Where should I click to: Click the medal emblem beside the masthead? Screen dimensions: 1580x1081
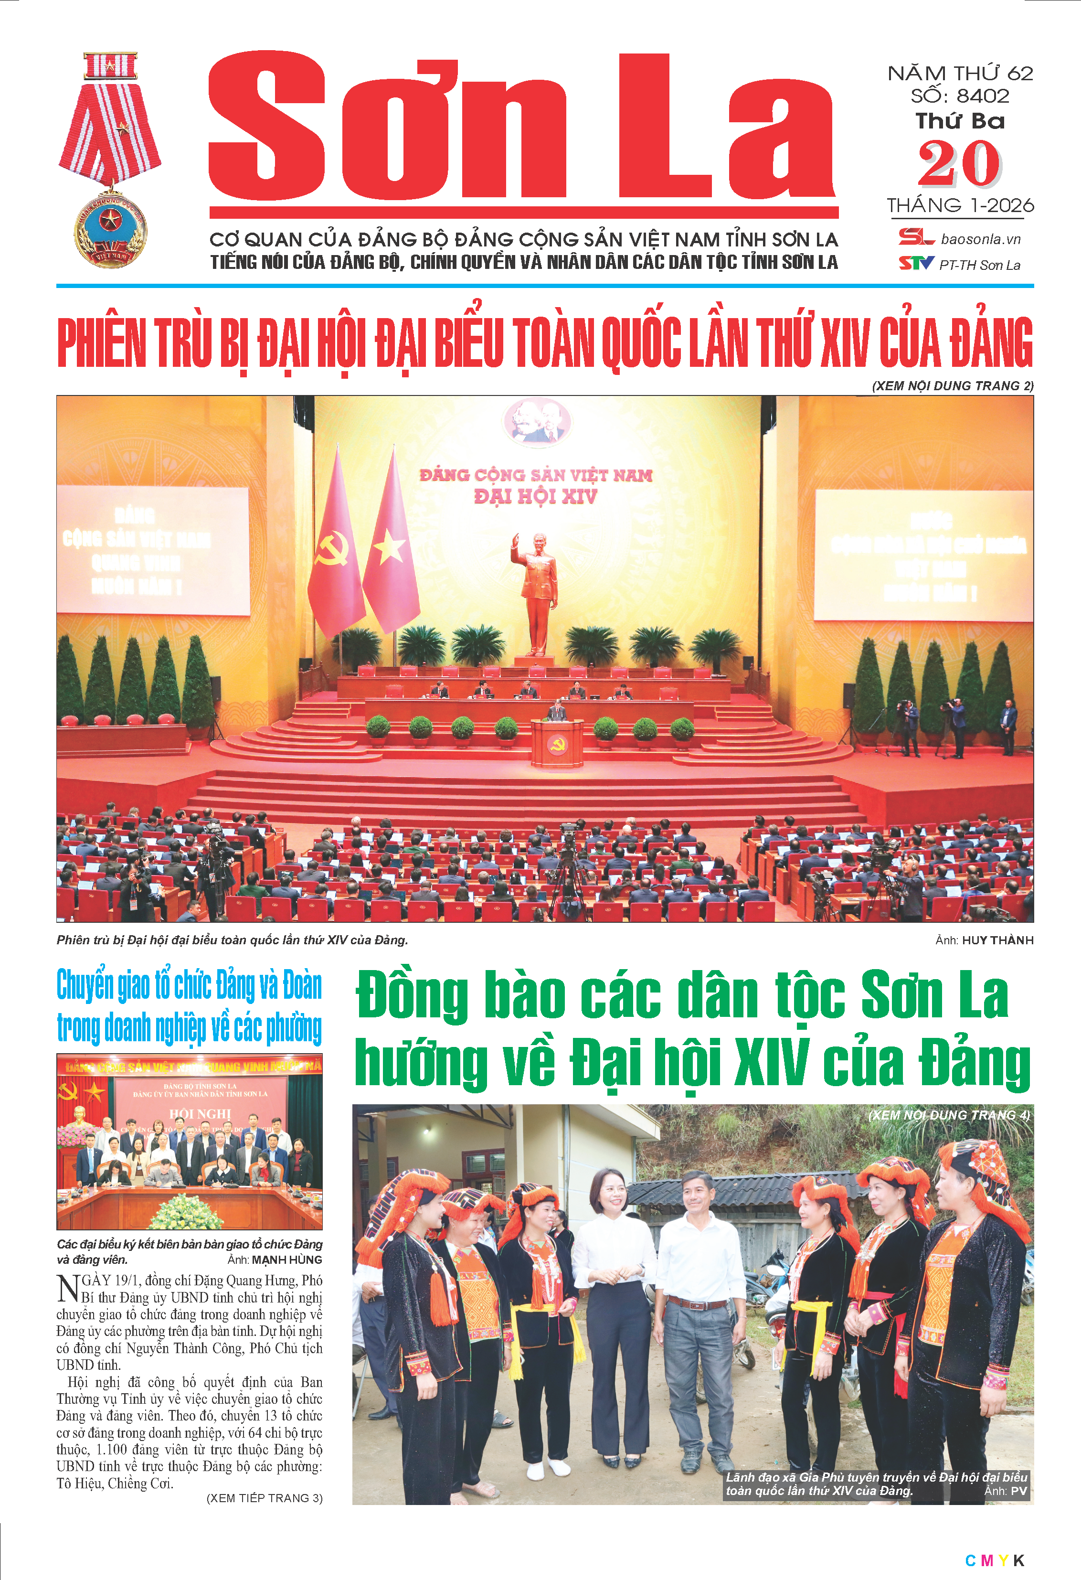[109, 160]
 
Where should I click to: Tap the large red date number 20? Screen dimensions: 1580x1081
[959, 164]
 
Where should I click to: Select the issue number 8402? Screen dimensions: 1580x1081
[983, 96]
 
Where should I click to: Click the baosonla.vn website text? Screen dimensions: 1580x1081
[980, 239]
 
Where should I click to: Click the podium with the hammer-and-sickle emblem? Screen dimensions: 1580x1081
[556, 743]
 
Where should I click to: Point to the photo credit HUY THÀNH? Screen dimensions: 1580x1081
[997, 940]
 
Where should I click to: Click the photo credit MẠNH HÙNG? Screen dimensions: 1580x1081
[287, 1260]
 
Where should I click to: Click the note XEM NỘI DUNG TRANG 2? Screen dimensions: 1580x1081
[953, 386]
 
